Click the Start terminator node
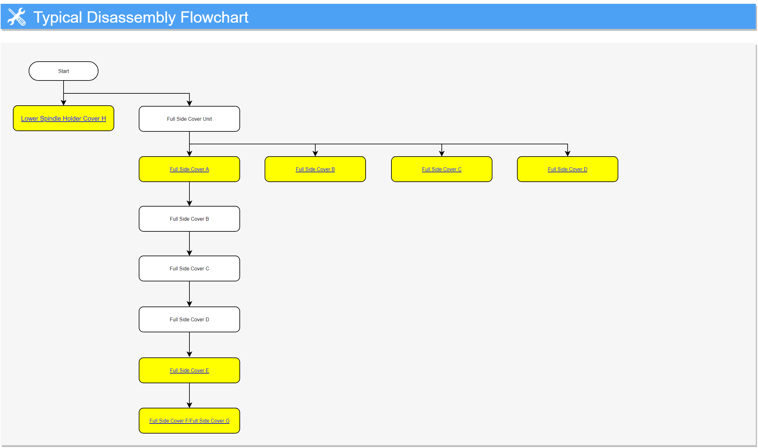tap(64, 71)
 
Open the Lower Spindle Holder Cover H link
tap(64, 119)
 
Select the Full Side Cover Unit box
tap(189, 119)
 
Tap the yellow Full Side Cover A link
tap(189, 169)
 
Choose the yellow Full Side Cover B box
tap(315, 169)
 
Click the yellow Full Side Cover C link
tap(442, 169)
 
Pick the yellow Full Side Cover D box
tap(568, 169)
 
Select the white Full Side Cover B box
tap(189, 219)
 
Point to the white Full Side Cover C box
tap(189, 268)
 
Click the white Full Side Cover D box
tap(189, 319)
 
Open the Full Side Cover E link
tap(189, 370)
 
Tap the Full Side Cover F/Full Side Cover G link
tap(189, 421)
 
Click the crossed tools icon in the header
tap(17, 17)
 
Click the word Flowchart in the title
tap(214, 17)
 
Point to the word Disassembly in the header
tap(131, 18)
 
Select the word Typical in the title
tap(58, 18)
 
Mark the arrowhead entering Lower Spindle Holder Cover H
tap(64, 103)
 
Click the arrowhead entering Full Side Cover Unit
tap(189, 103)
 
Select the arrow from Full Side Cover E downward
tap(189, 395)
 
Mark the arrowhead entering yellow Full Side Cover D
tap(568, 153)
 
